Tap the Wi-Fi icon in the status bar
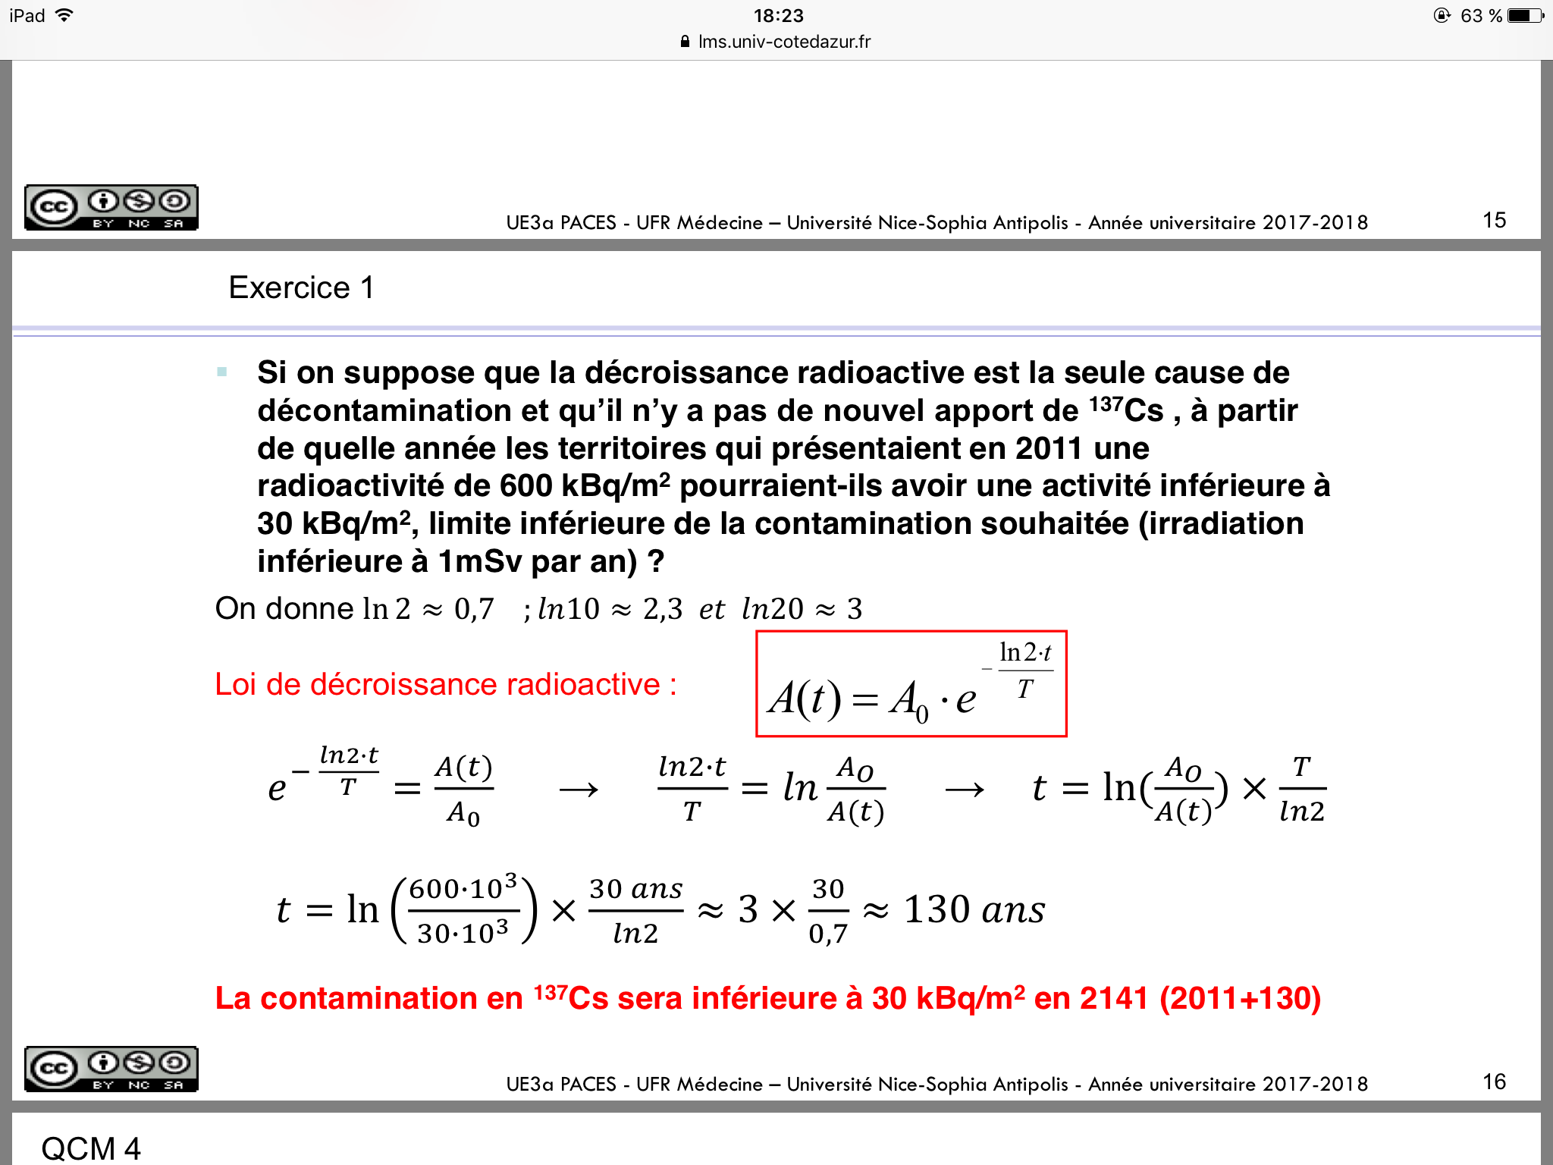pyautogui.click(x=65, y=15)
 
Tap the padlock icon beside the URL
pyautogui.click(x=686, y=42)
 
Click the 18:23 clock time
pyautogui.click(x=778, y=15)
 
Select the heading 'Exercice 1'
pyautogui.click(x=301, y=288)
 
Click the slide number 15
pyautogui.click(x=1494, y=221)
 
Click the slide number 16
pyautogui.click(x=1494, y=1082)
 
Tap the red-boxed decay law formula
pyautogui.click(x=911, y=684)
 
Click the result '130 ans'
pyautogui.click(x=974, y=910)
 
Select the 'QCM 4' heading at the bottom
pyautogui.click(x=91, y=1148)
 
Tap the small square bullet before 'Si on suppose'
pyautogui.click(x=222, y=372)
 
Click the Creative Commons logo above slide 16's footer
pyautogui.click(x=111, y=1069)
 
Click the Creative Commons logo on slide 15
pyautogui.click(x=111, y=207)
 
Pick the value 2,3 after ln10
pyautogui.click(x=663, y=609)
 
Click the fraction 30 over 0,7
pyautogui.click(x=828, y=910)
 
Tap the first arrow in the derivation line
pyautogui.click(x=579, y=790)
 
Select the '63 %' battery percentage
pyautogui.click(x=1481, y=16)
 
